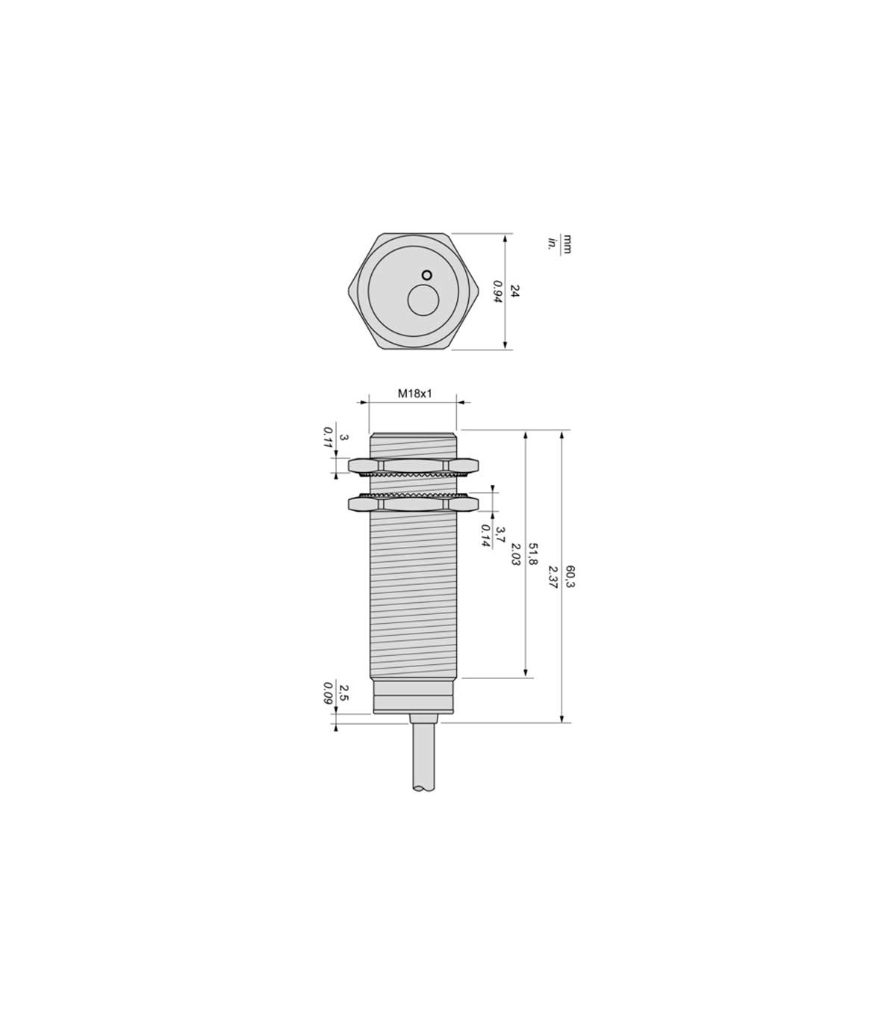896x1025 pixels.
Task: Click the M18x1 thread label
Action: coord(414,393)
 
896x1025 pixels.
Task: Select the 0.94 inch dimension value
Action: coord(497,291)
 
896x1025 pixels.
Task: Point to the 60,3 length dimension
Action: coord(569,577)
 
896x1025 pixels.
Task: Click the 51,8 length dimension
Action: coord(532,554)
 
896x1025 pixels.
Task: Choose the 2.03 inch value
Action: coord(516,554)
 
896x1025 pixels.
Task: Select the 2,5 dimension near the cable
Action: coord(343,693)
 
